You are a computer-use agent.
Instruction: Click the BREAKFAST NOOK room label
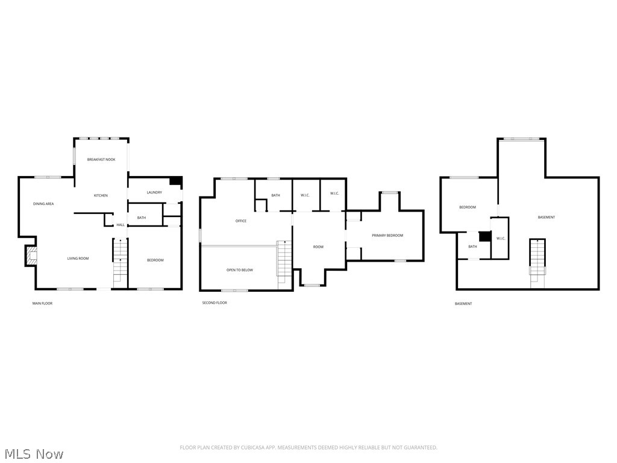point(101,159)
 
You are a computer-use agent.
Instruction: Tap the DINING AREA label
point(43,204)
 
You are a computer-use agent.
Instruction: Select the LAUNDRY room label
point(154,192)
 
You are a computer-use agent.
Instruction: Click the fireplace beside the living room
point(31,256)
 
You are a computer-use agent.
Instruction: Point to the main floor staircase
point(121,259)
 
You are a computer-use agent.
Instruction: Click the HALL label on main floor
point(121,225)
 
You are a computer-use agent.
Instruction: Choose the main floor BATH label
point(141,218)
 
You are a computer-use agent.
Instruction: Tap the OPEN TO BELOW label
point(239,270)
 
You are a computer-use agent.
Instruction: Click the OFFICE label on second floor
point(240,221)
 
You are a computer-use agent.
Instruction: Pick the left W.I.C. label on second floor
point(305,194)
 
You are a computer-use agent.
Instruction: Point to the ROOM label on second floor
point(318,247)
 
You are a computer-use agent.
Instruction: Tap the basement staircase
point(537,259)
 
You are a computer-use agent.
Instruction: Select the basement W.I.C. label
point(500,238)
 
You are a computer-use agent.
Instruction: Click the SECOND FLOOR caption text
point(215,303)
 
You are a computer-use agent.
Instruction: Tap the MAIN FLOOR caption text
point(42,303)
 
